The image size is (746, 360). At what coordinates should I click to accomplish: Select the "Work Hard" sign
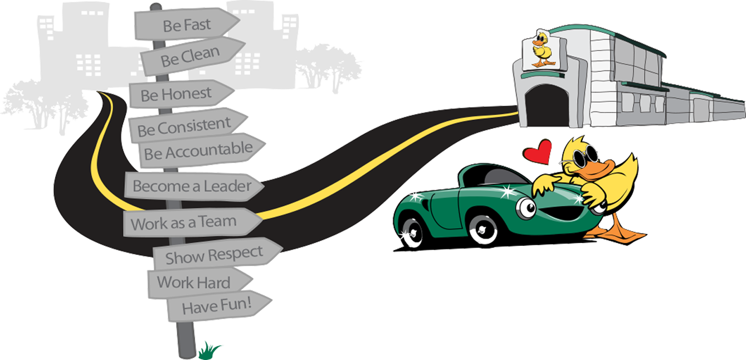point(196,282)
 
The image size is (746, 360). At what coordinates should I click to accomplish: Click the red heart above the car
point(538,152)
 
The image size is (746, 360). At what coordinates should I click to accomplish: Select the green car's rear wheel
point(412,230)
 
